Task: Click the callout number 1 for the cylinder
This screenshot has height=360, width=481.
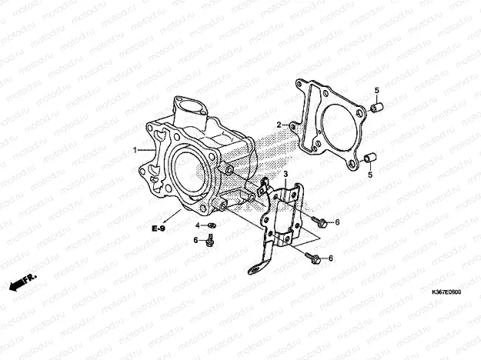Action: point(135,150)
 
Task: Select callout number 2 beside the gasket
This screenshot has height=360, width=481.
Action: point(279,125)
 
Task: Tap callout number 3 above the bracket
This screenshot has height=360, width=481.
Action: point(286,175)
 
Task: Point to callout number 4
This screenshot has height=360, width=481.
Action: point(198,225)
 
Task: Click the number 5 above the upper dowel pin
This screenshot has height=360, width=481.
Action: point(376,91)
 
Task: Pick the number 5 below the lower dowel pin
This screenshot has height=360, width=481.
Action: point(370,175)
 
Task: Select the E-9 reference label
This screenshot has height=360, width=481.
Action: point(159,228)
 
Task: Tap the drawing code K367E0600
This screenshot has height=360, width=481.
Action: point(446,292)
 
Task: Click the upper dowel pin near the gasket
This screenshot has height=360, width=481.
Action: point(377,108)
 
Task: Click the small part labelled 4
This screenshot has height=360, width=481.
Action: point(212,225)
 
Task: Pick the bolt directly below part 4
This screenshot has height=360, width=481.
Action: point(210,240)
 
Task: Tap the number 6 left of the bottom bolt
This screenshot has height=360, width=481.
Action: point(195,241)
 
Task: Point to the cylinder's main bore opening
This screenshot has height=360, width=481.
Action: point(188,172)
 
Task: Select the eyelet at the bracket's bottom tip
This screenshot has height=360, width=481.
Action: point(255,270)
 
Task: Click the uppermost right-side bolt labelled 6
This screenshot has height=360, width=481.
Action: point(319,222)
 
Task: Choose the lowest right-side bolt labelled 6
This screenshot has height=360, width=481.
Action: point(312,258)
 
